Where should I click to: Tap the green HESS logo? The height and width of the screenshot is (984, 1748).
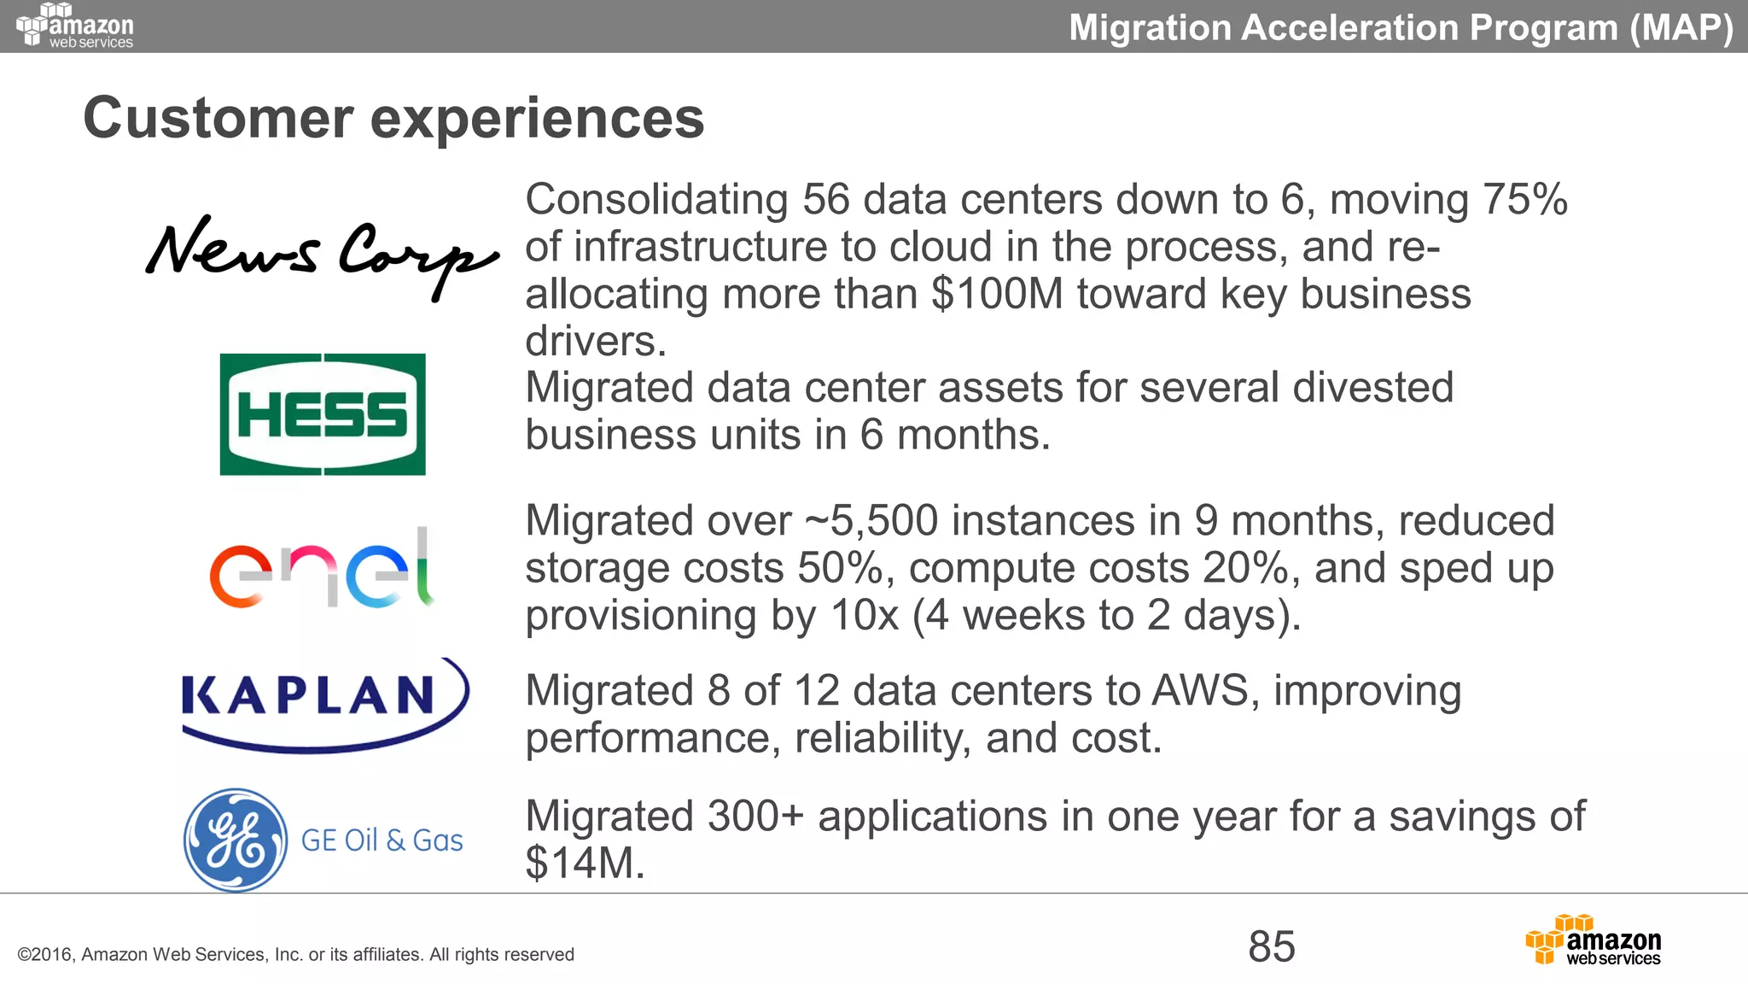click(323, 414)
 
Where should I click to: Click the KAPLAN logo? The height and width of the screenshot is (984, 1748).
click(324, 702)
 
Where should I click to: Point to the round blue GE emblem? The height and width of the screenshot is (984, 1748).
click(236, 840)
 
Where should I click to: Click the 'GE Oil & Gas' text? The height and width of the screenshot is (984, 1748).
click(382, 840)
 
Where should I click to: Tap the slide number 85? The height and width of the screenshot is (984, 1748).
click(1272, 946)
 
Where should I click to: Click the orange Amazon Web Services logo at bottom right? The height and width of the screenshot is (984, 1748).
click(1593, 940)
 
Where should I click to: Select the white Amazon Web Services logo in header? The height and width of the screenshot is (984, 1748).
click(75, 26)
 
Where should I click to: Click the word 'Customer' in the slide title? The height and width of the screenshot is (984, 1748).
click(218, 118)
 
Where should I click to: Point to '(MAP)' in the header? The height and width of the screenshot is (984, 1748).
click(1681, 27)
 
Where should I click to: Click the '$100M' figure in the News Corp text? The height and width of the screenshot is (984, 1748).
click(997, 294)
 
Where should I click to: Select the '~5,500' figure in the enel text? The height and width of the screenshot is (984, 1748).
click(871, 521)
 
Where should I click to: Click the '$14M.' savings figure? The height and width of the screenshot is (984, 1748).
click(585, 863)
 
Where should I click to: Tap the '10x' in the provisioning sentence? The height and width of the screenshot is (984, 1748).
click(865, 615)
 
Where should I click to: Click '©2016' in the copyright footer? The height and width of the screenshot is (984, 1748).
click(45, 955)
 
